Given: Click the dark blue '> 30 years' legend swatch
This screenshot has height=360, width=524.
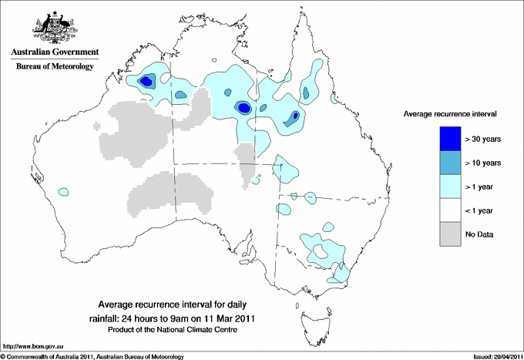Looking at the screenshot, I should pyautogui.click(x=451, y=139).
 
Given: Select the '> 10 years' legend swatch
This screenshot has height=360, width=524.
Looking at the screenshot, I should pyautogui.click(x=451, y=163).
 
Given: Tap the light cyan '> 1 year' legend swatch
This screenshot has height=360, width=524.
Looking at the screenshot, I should pyautogui.click(x=451, y=187).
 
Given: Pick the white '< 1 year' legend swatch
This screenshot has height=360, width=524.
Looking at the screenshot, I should pyautogui.click(x=451, y=210).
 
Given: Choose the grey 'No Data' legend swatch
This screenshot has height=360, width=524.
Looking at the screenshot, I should pyautogui.click(x=451, y=234).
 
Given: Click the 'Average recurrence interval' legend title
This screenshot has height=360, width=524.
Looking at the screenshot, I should pyautogui.click(x=450, y=114).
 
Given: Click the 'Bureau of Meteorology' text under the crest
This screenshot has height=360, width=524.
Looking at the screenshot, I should pyautogui.click(x=54, y=67).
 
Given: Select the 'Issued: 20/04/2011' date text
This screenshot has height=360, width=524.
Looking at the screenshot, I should pyautogui.click(x=492, y=356).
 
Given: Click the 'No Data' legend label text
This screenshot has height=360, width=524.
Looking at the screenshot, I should pyautogui.click(x=479, y=234).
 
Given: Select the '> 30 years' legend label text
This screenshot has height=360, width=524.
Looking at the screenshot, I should pyautogui.click(x=483, y=139).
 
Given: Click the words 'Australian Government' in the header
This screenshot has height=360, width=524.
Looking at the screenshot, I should pyautogui.click(x=54, y=52).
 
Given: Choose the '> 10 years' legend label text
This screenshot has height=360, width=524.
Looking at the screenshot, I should pyautogui.click(x=483, y=163).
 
